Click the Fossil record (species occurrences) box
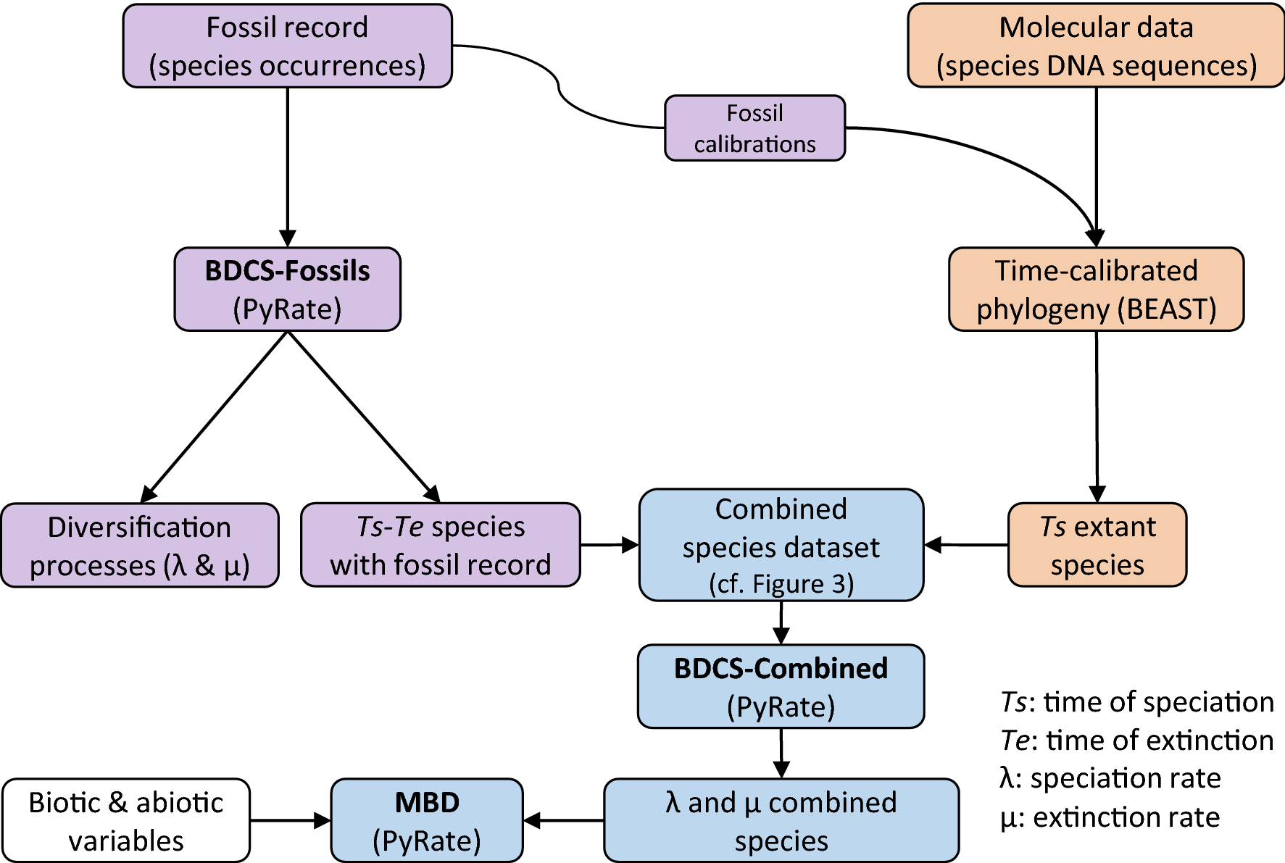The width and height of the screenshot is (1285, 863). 287,46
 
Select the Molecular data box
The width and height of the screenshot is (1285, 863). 1095,46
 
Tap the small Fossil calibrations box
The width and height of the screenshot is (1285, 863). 754,128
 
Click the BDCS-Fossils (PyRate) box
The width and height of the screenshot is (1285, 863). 287,290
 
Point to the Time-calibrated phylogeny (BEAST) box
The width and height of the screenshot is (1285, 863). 1096,290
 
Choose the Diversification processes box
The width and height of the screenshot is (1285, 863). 139,546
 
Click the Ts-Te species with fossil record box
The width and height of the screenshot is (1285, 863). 440,545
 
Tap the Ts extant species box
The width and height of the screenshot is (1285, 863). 1097,545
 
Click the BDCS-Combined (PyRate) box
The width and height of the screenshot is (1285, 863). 781,686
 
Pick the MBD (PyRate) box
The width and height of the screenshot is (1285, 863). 427,821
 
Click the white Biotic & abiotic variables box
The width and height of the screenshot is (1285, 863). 126,821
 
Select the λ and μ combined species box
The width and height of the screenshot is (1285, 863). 781,821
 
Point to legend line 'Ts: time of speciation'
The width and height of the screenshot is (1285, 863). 1136,702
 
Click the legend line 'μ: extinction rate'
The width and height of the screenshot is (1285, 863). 1110,817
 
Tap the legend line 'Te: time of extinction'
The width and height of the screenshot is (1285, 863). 1136,741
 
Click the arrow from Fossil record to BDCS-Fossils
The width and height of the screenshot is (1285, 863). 287,167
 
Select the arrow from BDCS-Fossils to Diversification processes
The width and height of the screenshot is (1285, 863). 216,417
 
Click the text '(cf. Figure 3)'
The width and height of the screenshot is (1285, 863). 781,584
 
